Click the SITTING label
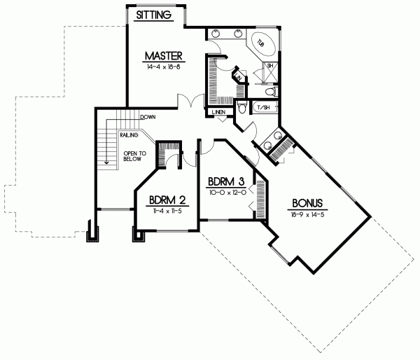(153, 15)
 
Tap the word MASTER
(164, 55)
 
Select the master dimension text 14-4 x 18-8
(164, 68)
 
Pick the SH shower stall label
(269, 67)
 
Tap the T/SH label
(264, 108)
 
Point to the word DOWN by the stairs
(147, 117)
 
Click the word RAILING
(127, 134)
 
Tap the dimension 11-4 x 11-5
(165, 211)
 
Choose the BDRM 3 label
(225, 180)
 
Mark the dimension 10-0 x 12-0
(225, 192)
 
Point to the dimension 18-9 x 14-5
(309, 216)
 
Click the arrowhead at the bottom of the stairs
(106, 162)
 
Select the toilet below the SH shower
(271, 91)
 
